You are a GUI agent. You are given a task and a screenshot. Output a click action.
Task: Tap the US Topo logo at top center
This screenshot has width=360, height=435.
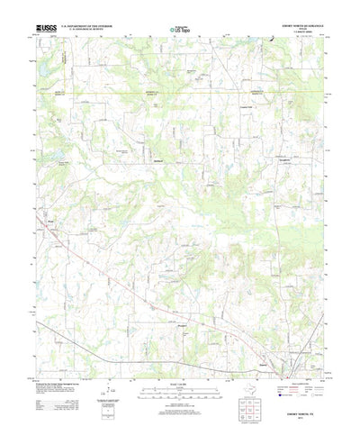click(x=180, y=31)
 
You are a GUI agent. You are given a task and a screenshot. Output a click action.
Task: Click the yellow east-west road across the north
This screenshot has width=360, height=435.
click(x=180, y=92)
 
